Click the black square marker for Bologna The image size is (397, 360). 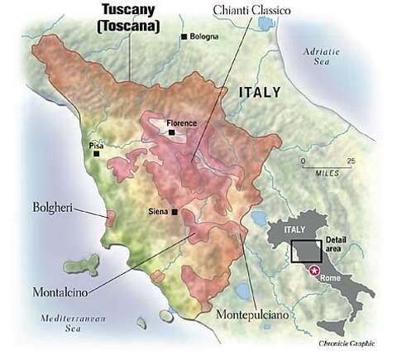point(183,37)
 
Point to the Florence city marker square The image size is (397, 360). point(171,132)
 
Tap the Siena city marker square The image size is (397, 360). point(175,212)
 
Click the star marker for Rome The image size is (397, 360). point(313,270)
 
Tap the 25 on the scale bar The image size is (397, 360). point(351,160)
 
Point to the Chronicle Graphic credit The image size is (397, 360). point(352,342)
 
